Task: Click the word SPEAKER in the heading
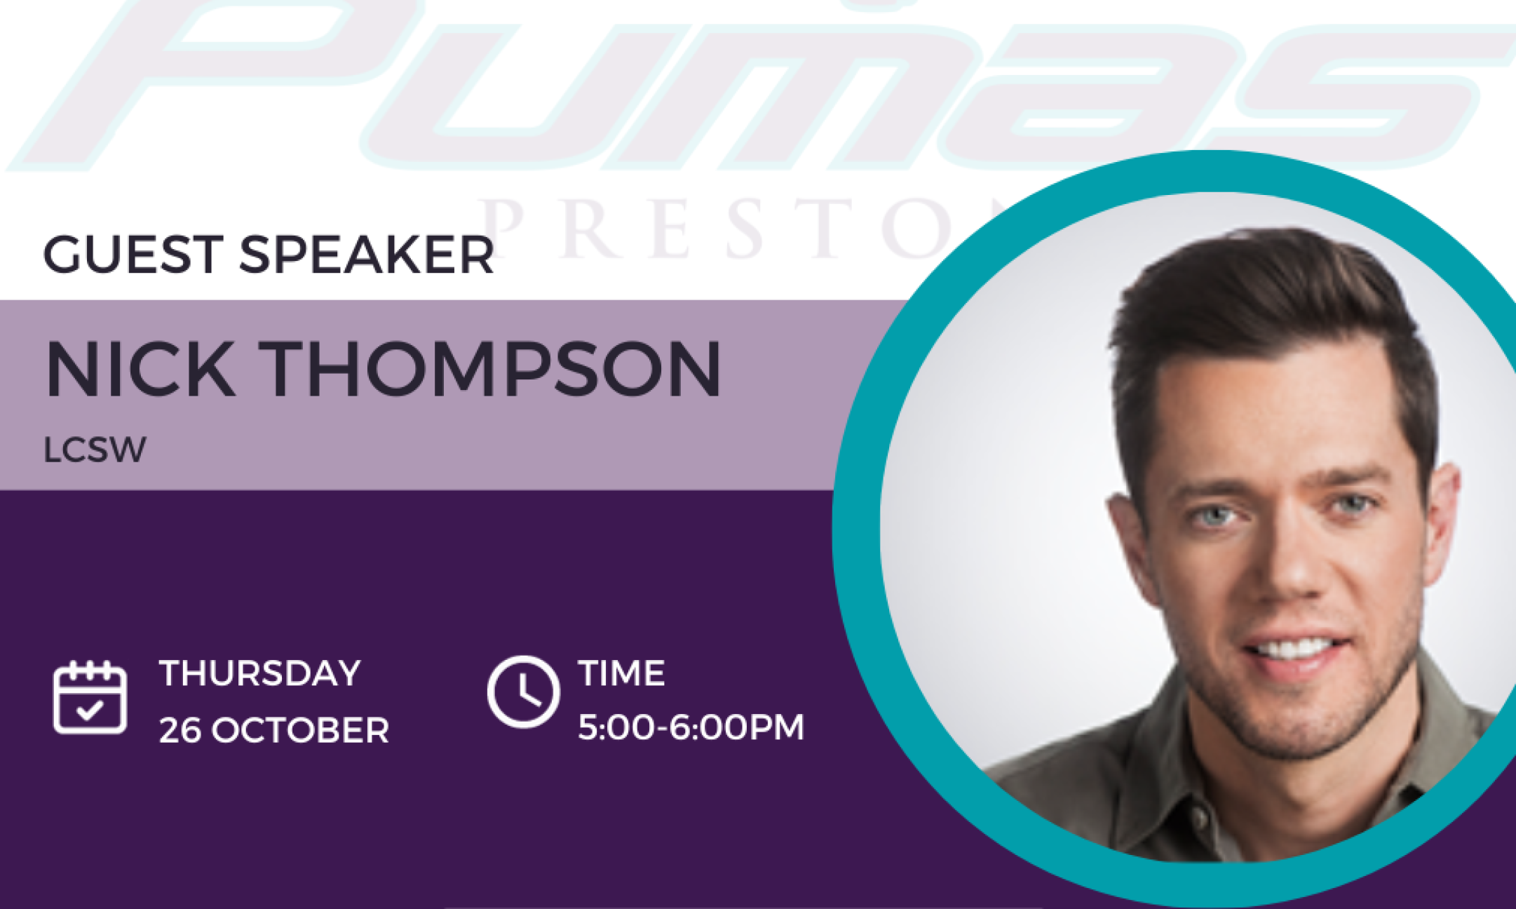pyautogui.click(x=367, y=255)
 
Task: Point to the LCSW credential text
pyautogui.click(x=95, y=450)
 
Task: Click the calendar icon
pyautogui.click(x=90, y=698)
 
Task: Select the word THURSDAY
pyautogui.click(x=259, y=673)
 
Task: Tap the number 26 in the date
pyautogui.click(x=180, y=731)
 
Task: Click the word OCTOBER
pyautogui.click(x=300, y=731)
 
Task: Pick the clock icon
pyautogui.click(x=523, y=692)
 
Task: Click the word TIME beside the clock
pyautogui.click(x=621, y=673)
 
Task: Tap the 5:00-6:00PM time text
pyautogui.click(x=691, y=727)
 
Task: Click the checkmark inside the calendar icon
pyautogui.click(x=90, y=711)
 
